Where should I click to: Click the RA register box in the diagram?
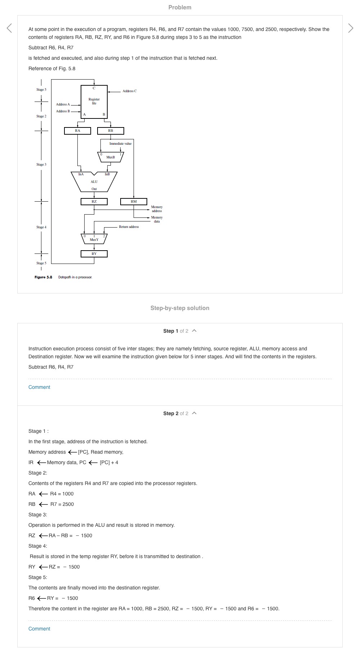coord(77,131)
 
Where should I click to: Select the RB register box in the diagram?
coord(111,131)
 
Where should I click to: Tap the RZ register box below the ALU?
coord(94,202)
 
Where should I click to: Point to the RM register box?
coord(134,202)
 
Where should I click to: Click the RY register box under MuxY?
coord(94,254)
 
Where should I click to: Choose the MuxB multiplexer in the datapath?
coord(111,157)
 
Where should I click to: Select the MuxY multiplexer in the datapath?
coord(94,239)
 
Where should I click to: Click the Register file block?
coord(94,102)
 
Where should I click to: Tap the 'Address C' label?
coord(130,91)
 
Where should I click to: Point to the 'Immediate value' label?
coord(120,144)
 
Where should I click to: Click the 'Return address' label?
coord(129,227)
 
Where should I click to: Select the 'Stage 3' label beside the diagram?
coord(41,165)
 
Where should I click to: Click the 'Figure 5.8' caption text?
coord(44,277)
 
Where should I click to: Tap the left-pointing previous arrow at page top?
coord(9,28)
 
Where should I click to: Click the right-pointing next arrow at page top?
coord(351,28)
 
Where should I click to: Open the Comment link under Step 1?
coord(39,387)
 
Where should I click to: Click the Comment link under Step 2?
coord(39,629)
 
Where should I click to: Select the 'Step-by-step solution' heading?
coord(180,308)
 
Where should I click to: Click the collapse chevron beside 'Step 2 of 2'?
coord(194,413)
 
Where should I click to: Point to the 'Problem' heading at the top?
coord(180,7)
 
